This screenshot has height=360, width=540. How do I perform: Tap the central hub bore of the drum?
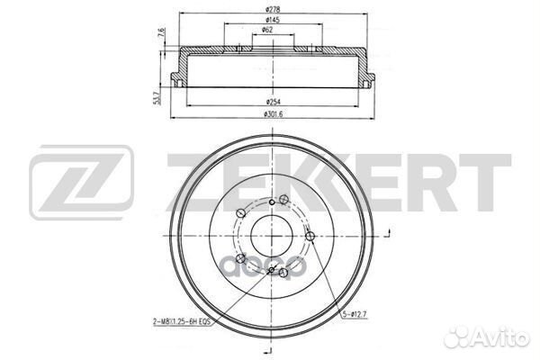coord(269,237)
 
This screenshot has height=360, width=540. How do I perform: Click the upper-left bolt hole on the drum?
coord(238,212)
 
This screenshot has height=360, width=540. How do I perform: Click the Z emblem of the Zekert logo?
coord(82,184)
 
